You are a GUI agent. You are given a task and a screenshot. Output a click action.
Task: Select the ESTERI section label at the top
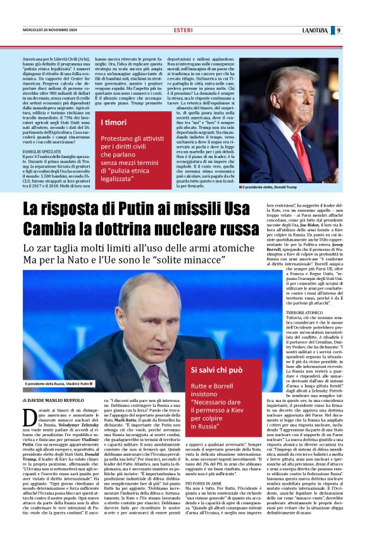pos(183,30)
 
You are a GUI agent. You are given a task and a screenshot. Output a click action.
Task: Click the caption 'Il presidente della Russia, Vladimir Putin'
pos(58,384)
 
